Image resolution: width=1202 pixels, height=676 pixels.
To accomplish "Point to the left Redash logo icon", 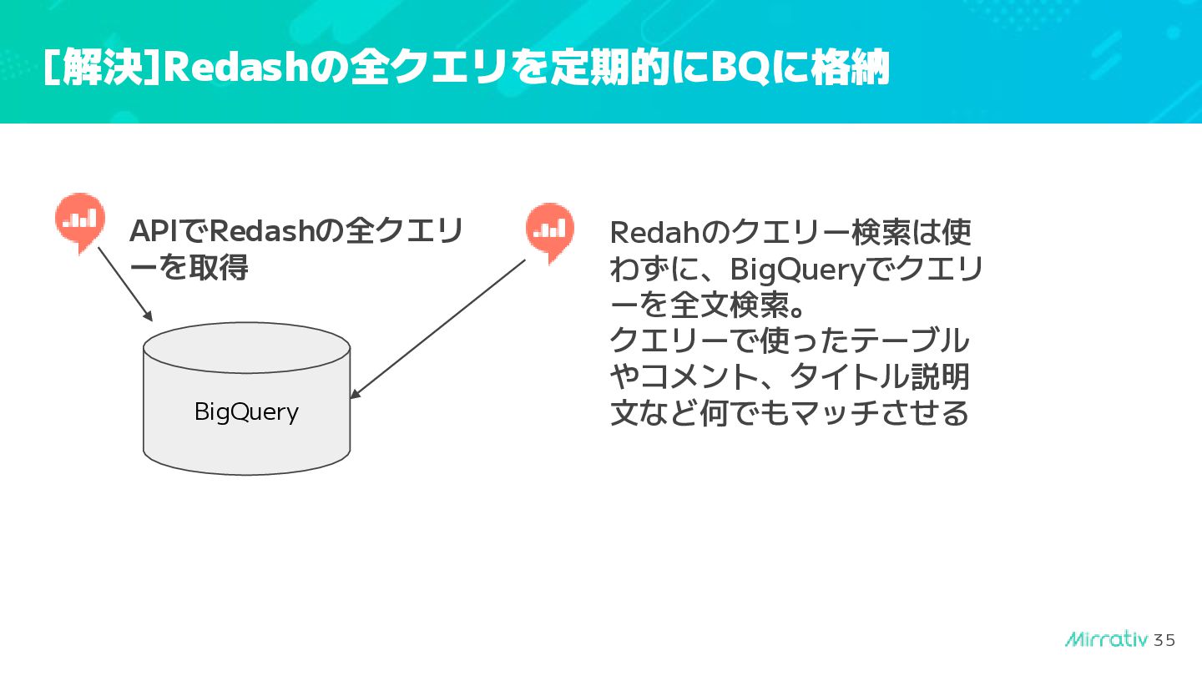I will click(80, 219).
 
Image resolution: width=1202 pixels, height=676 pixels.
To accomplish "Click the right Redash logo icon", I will click(550, 230).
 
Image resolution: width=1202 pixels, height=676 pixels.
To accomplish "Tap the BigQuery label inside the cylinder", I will click(246, 411).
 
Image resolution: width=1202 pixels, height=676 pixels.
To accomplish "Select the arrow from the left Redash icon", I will click(125, 284).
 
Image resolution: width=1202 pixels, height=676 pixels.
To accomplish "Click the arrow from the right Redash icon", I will click(438, 328).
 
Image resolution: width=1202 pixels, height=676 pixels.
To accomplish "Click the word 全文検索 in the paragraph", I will click(714, 305).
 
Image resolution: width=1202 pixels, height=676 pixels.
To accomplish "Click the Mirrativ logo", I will click(1107, 639).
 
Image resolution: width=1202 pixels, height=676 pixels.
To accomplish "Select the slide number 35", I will click(1164, 640).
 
